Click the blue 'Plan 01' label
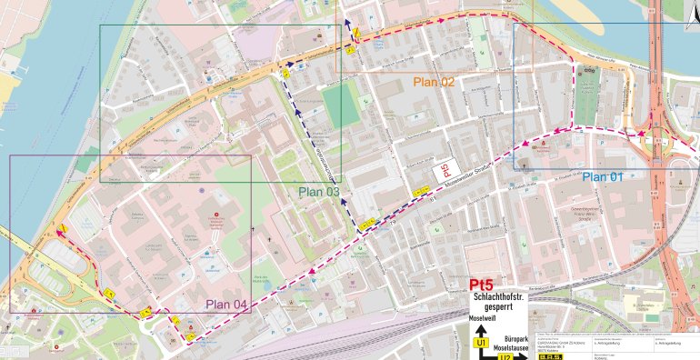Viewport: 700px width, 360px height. pos(602,176)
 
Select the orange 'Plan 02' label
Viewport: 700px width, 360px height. pos(434,82)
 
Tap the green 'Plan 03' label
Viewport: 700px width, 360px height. pos(320,192)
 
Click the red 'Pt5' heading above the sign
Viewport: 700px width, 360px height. pos(482,284)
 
